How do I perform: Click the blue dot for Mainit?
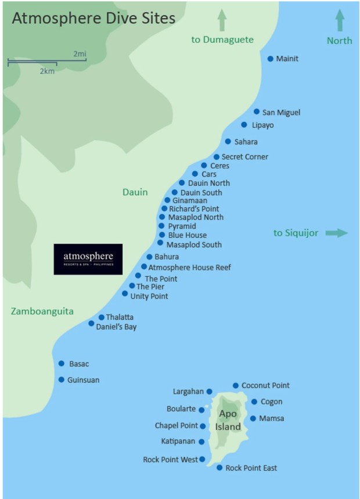point(271,59)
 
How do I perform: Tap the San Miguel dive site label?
point(282,112)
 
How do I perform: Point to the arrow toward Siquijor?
point(336,233)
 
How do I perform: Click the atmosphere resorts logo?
point(88,259)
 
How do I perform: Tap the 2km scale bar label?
point(47,70)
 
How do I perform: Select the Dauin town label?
point(135,192)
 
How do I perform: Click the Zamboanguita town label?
point(42,312)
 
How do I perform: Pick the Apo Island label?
point(228,420)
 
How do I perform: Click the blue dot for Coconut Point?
point(236,385)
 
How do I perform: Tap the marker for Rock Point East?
point(219,468)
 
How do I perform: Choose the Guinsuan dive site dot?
point(62,379)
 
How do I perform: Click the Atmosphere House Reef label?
point(190,267)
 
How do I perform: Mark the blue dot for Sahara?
point(228,142)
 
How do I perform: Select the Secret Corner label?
point(245,157)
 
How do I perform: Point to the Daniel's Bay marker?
point(91,323)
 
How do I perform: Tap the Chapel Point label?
point(177,425)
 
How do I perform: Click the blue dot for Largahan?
point(210,392)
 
